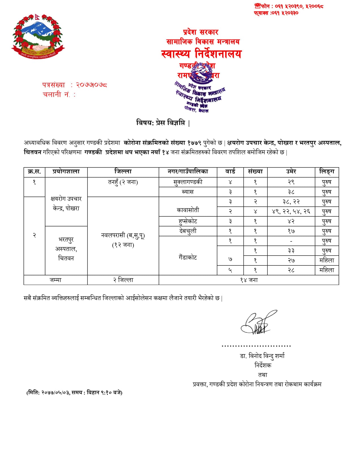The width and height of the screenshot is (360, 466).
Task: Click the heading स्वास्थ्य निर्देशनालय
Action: click(x=201, y=54)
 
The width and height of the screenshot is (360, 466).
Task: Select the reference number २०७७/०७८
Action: click(x=91, y=85)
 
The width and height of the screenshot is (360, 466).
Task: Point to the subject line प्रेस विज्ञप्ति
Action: click(x=163, y=123)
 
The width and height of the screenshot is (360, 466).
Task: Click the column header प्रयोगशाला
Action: click(x=66, y=172)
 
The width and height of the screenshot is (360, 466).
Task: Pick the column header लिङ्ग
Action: click(x=327, y=172)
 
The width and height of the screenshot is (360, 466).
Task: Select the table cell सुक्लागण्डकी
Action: click(x=188, y=182)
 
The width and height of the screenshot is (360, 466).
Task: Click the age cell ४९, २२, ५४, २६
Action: click(x=291, y=212)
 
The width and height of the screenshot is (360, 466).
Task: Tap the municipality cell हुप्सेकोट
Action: click(x=188, y=221)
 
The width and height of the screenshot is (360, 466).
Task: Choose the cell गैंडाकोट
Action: click(x=188, y=257)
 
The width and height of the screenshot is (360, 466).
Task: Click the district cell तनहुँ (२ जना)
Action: click(x=123, y=182)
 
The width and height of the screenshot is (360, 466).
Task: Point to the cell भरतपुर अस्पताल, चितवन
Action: click(x=66, y=249)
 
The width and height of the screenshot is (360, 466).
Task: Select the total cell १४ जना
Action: click(x=249, y=280)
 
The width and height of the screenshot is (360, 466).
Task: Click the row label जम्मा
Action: click(x=56, y=280)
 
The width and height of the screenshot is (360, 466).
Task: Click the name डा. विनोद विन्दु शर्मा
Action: click(x=262, y=356)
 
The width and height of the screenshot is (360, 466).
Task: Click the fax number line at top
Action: click(x=276, y=13)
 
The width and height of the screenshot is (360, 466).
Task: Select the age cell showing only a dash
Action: click(x=291, y=241)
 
